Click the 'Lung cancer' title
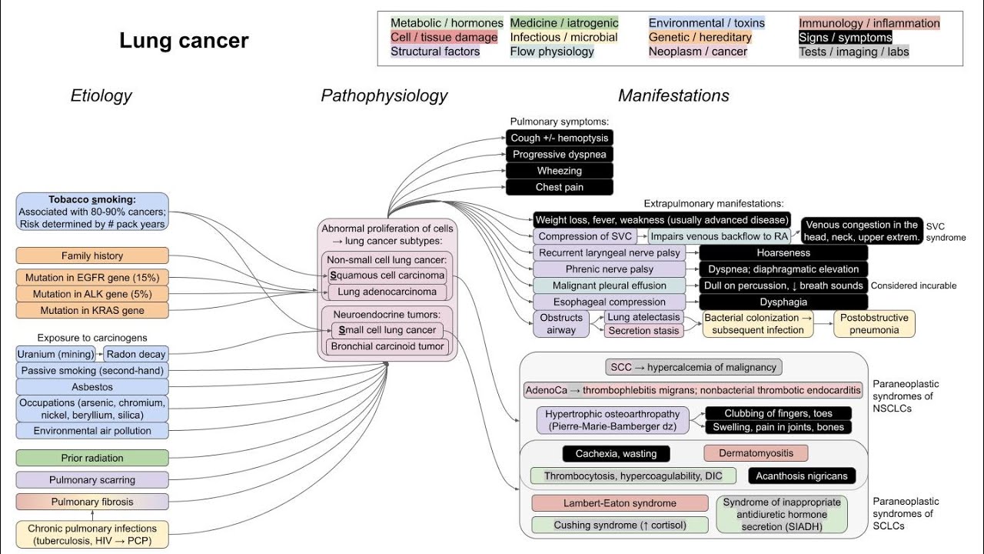(x=184, y=41)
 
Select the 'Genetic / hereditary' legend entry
(x=700, y=37)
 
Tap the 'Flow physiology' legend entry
(x=552, y=52)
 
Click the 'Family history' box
(x=92, y=255)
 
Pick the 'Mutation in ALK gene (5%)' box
(x=92, y=294)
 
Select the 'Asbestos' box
(x=92, y=387)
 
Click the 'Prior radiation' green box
(x=92, y=458)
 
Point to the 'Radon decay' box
(x=135, y=355)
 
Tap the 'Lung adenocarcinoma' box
(x=387, y=292)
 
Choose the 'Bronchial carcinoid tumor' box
(x=387, y=346)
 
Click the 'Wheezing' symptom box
(x=559, y=171)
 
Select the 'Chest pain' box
(x=559, y=187)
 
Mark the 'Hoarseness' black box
(x=783, y=252)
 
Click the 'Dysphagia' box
(x=783, y=302)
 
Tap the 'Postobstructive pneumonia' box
(x=874, y=324)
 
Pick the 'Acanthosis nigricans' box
(x=801, y=476)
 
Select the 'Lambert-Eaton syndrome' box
(x=620, y=503)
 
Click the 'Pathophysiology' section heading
(x=384, y=95)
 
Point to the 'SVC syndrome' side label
(x=945, y=231)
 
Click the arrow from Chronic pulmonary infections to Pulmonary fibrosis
(x=92, y=516)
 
